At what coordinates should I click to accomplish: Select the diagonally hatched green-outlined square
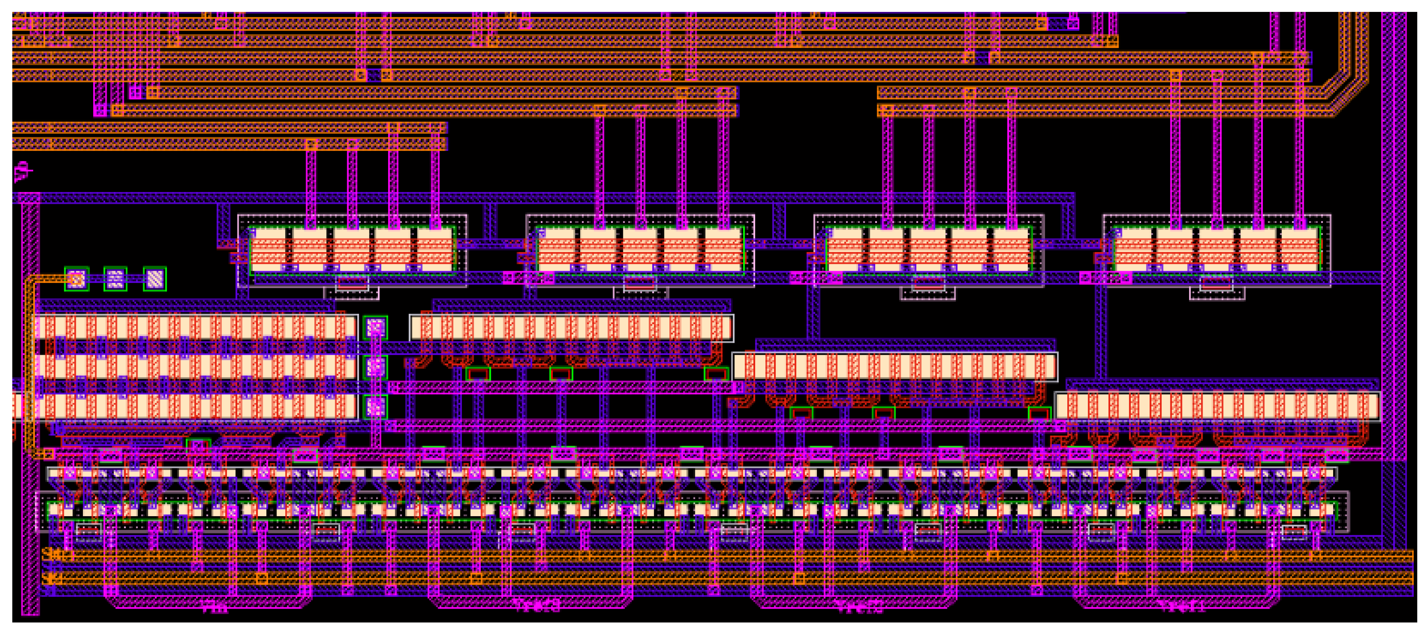[155, 279]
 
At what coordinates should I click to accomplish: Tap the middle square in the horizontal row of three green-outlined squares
[115, 279]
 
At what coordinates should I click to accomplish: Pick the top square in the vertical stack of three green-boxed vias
[375, 328]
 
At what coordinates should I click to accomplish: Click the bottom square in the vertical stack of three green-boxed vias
[375, 407]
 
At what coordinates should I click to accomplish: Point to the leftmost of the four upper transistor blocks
[352, 250]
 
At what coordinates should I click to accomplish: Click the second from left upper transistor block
[640, 250]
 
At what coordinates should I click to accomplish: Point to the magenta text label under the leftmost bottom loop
[215, 609]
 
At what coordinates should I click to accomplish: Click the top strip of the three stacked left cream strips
[194, 327]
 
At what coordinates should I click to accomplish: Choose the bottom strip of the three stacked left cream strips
[194, 406]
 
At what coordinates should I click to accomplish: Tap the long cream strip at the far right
[1216, 406]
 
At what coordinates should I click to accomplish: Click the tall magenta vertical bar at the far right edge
[1393, 232]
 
